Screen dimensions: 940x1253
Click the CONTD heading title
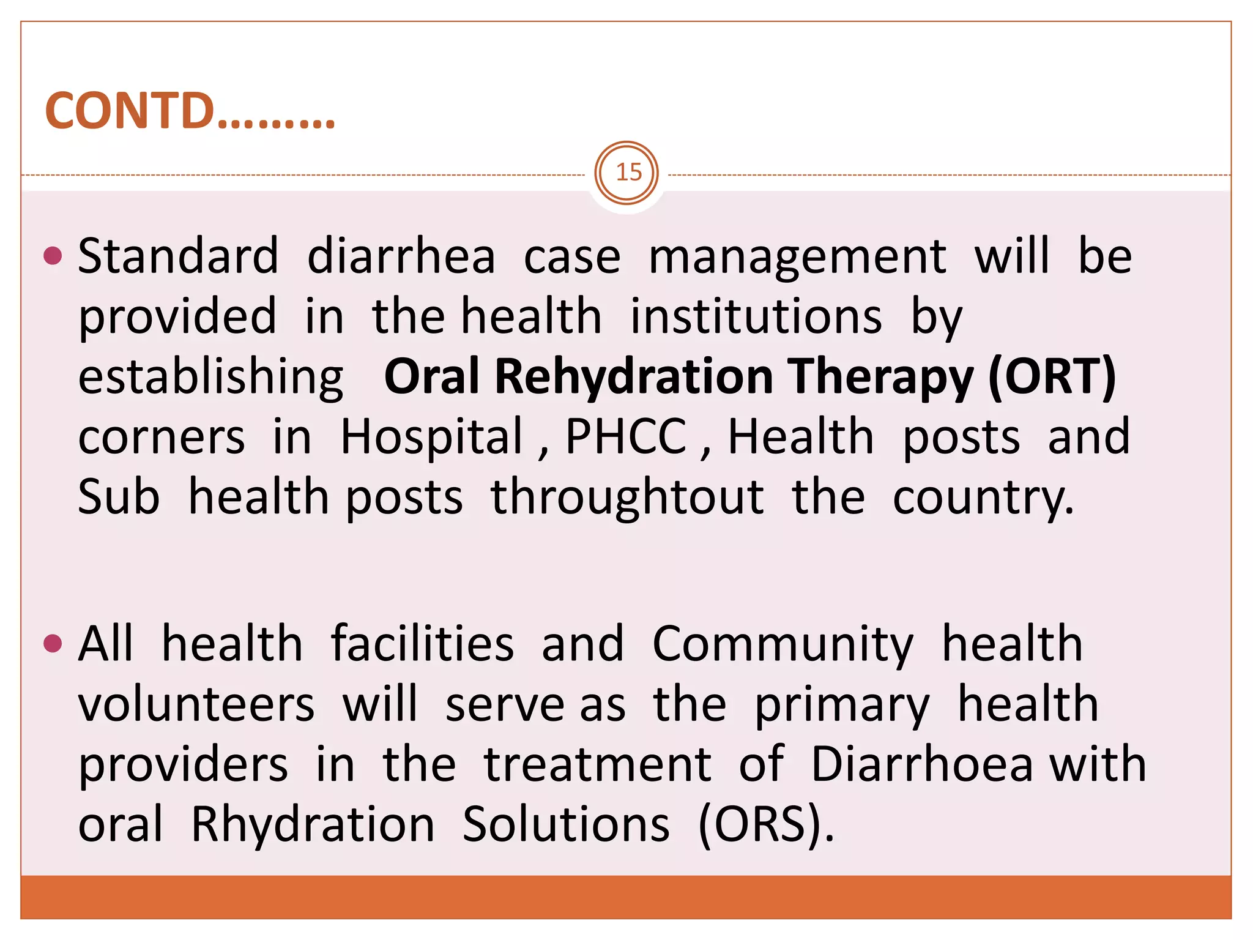tap(190, 111)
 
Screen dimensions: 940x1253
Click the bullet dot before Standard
tap(54, 255)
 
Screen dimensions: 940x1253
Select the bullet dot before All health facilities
tap(54, 643)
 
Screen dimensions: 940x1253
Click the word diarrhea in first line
tap(401, 256)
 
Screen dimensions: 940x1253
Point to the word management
tap(797, 257)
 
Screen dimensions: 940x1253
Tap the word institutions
tap(756, 316)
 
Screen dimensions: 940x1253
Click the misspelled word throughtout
tap(627, 497)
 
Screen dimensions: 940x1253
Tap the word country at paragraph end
tap(982, 497)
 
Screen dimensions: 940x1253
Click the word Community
tap(783, 644)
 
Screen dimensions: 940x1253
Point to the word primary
tap(842, 705)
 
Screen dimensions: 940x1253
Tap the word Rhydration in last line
tap(313, 824)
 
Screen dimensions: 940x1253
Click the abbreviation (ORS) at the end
tap(765, 824)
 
